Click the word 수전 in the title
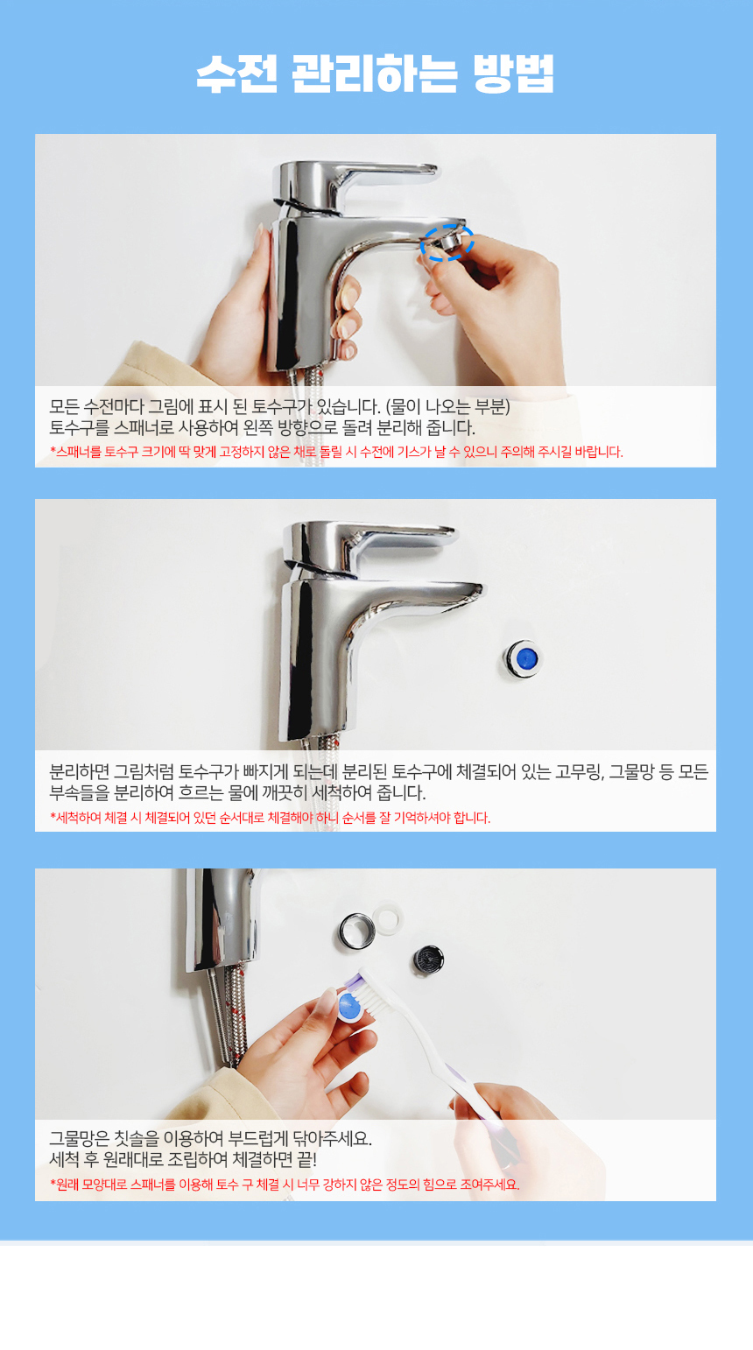click(x=237, y=74)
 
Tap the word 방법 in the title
click(x=513, y=74)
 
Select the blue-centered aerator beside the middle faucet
click(x=524, y=658)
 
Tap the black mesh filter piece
click(x=428, y=959)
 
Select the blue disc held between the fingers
click(x=349, y=1005)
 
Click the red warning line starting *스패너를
click(x=336, y=452)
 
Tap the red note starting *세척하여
click(x=270, y=818)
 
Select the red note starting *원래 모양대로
click(x=285, y=1185)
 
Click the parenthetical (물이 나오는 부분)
click(x=448, y=407)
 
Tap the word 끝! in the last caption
click(x=306, y=1159)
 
